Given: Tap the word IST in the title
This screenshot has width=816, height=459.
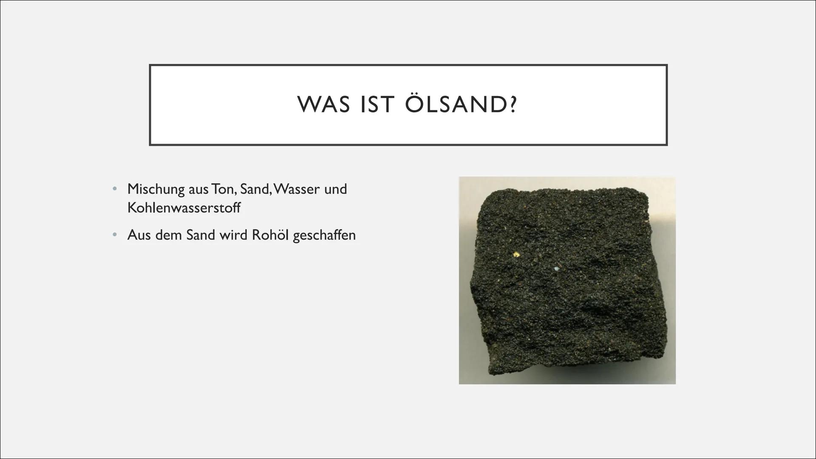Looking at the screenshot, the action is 377,105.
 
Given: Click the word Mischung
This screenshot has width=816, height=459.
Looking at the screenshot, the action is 156,189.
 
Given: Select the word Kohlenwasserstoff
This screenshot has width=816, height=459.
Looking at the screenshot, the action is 184,207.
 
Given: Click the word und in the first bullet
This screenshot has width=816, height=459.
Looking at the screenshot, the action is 335,189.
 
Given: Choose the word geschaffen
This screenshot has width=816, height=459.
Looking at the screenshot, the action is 324,235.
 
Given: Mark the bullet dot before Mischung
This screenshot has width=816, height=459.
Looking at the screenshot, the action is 114,188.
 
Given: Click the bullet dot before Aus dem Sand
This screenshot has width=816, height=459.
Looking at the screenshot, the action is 114,234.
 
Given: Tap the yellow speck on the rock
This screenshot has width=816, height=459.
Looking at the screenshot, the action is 516,255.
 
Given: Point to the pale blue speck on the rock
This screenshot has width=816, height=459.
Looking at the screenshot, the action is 557,269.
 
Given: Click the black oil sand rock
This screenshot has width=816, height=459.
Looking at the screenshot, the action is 568,283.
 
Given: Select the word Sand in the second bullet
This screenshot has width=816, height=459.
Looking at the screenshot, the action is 200,235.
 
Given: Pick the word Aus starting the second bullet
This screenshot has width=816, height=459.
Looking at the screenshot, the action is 139,235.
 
